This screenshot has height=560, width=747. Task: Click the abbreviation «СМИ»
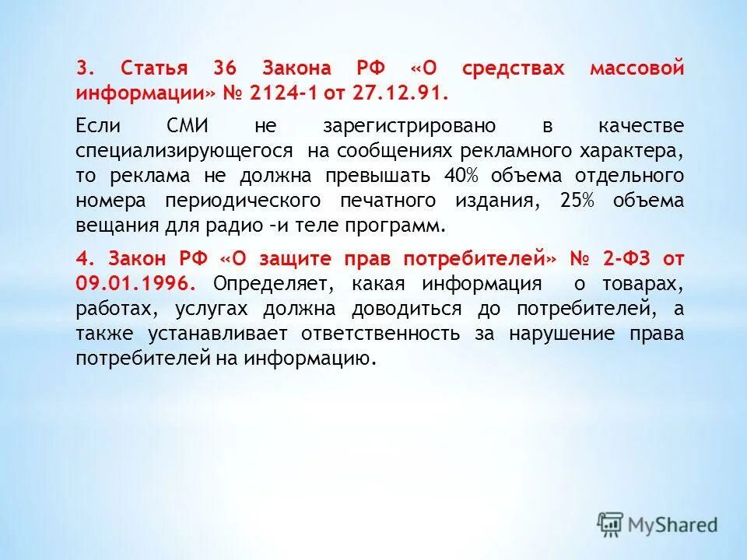pyautogui.click(x=195, y=126)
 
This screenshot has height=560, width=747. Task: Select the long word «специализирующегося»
pyautogui.click(x=185, y=150)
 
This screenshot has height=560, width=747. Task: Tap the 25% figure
pyautogui.click(x=577, y=200)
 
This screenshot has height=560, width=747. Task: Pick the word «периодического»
pyautogui.click(x=243, y=200)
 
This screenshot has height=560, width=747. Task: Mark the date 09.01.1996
pyautogui.click(x=137, y=283)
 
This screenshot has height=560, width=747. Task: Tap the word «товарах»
pyautogui.click(x=648, y=283)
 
